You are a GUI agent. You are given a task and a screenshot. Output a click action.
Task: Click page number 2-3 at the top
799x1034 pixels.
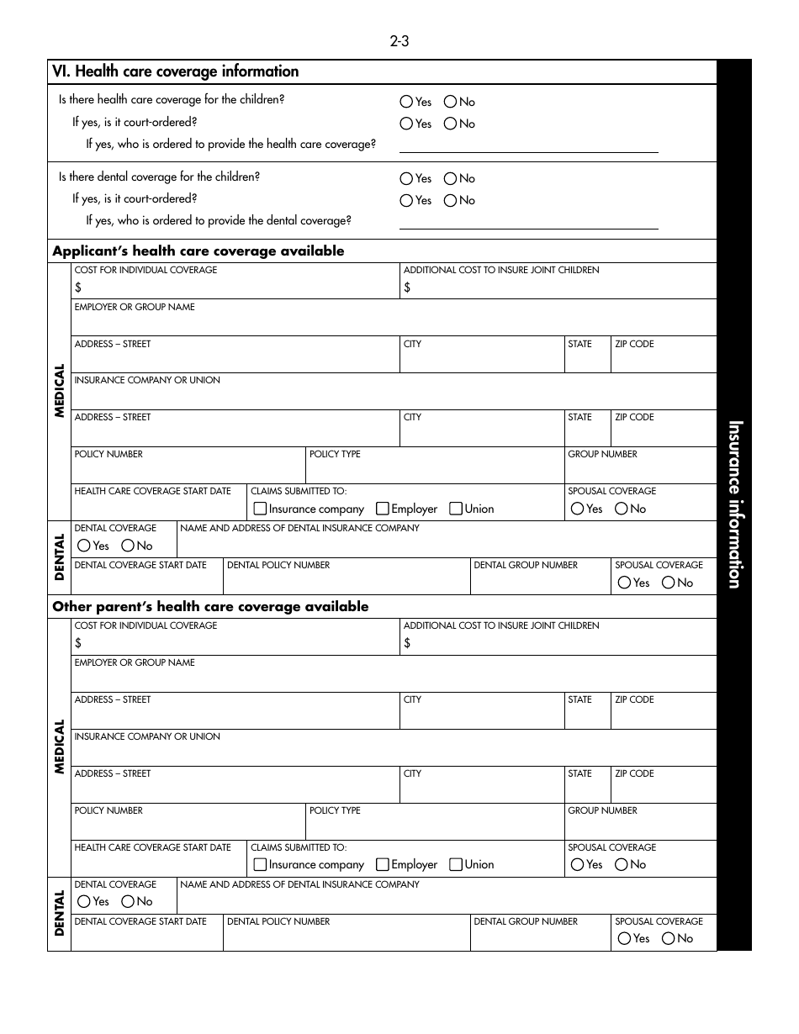coord(399,41)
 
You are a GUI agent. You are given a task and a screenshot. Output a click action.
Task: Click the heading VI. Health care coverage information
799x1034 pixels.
coord(176,72)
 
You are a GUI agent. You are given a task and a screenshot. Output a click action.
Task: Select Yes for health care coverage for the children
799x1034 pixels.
coord(407,102)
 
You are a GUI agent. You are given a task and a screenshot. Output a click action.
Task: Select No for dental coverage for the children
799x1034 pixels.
coord(451,178)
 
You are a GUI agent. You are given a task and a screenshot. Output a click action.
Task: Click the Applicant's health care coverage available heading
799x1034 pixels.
coord(198,251)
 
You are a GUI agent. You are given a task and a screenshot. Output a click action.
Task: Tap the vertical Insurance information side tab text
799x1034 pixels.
coord(734,504)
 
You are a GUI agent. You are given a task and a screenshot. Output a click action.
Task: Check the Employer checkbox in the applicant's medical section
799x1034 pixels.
coord(383,509)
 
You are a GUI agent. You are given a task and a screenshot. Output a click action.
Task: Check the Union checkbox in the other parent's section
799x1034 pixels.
coord(456,864)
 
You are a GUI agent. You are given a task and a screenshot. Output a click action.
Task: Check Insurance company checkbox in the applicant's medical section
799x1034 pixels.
coord(261,509)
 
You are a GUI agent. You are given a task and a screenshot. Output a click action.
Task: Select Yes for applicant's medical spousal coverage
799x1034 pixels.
coord(577,509)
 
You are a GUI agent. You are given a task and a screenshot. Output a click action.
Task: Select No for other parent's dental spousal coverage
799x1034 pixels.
coord(669,938)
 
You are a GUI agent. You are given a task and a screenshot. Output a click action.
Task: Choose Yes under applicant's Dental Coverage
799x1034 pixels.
coord(84,546)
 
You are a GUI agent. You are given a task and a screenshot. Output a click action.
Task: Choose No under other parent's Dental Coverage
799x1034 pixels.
coord(128,901)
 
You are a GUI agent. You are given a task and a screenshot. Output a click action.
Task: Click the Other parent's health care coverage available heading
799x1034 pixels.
coord(210,607)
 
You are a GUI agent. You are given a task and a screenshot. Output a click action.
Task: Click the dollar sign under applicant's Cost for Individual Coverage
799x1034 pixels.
coord(78,288)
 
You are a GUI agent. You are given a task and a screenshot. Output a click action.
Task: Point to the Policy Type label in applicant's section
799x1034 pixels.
coord(335,454)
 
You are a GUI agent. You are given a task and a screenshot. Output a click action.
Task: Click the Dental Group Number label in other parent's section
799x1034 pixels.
coord(526,921)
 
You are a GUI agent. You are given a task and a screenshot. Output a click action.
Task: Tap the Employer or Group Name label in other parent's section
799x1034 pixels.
coord(135,662)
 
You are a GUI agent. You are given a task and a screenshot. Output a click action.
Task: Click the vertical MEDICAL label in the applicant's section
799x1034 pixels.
coord(60,391)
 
